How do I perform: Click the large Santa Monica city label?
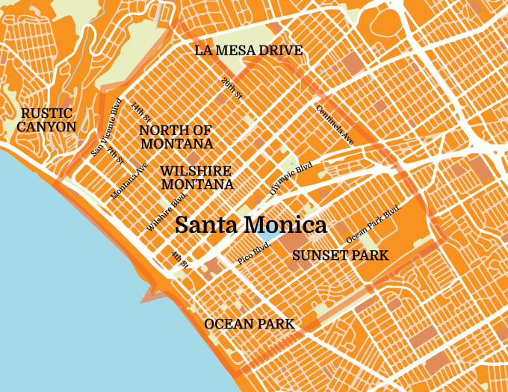point(250,225)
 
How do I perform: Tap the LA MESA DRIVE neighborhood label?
point(248,51)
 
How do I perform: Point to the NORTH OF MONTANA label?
point(176,137)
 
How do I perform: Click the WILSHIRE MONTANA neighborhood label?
point(196,178)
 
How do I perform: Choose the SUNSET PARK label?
point(340,255)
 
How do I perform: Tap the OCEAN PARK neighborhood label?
point(249,324)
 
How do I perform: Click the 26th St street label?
point(232,88)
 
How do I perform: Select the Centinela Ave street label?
point(335,124)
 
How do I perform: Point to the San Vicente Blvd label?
point(106,128)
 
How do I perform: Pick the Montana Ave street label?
point(129,180)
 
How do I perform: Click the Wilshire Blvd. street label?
point(166,211)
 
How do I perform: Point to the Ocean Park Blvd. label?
point(374,223)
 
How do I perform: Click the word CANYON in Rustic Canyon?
point(46,126)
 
